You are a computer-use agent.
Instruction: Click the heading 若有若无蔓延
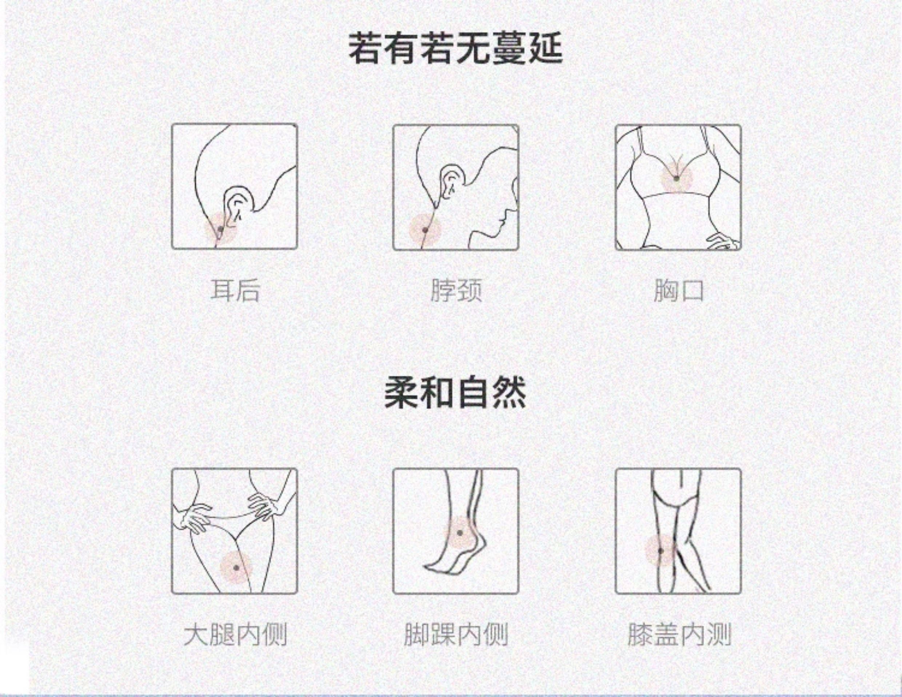[455, 49]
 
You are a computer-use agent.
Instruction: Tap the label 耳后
[235, 290]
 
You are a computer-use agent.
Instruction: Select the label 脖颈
[456, 290]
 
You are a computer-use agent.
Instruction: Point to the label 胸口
[679, 290]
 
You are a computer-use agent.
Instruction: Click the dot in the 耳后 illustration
[220, 229]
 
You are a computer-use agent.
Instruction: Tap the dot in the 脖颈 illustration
[424, 230]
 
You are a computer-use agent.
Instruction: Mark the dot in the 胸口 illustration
[676, 178]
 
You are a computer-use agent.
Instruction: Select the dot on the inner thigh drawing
[236, 568]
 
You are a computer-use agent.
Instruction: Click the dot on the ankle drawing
[460, 533]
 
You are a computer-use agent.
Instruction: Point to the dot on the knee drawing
[660, 551]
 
